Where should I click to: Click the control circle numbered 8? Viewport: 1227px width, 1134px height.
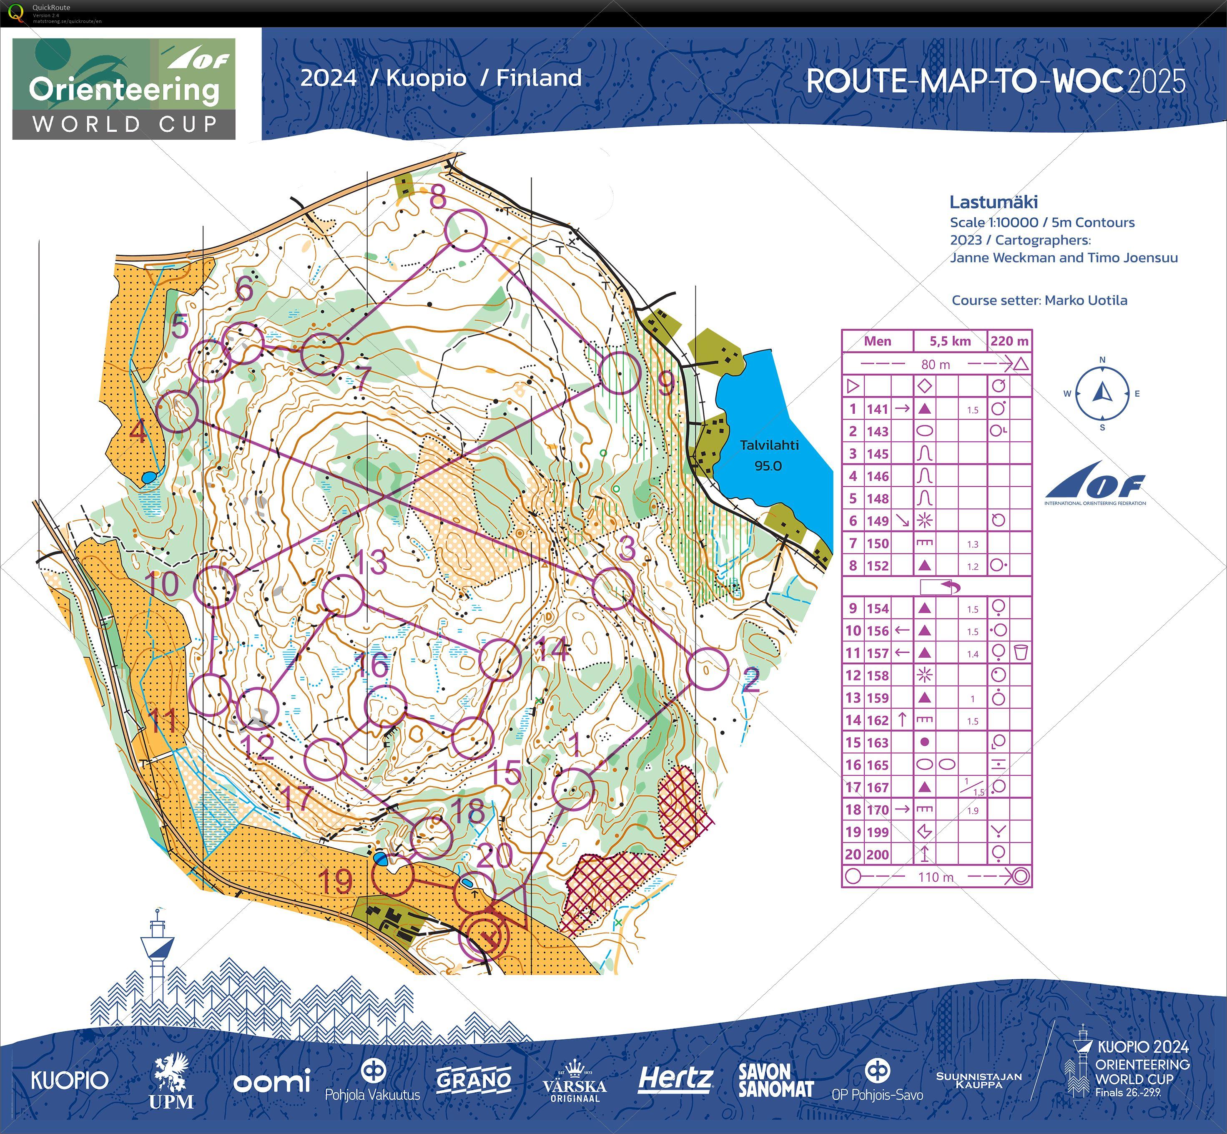[x=466, y=231]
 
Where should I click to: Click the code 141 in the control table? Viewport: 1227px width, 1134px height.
[x=877, y=409]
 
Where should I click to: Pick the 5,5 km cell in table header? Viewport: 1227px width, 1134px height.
[x=950, y=341]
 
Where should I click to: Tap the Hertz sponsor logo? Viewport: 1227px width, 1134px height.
[x=675, y=1079]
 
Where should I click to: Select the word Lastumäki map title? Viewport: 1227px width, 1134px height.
[x=993, y=202]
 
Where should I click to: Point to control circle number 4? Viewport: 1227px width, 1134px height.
[x=178, y=411]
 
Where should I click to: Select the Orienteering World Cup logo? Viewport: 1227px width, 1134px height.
[x=124, y=89]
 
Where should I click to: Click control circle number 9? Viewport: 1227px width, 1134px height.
[x=620, y=372]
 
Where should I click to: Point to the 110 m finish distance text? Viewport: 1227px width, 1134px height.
[x=936, y=877]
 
